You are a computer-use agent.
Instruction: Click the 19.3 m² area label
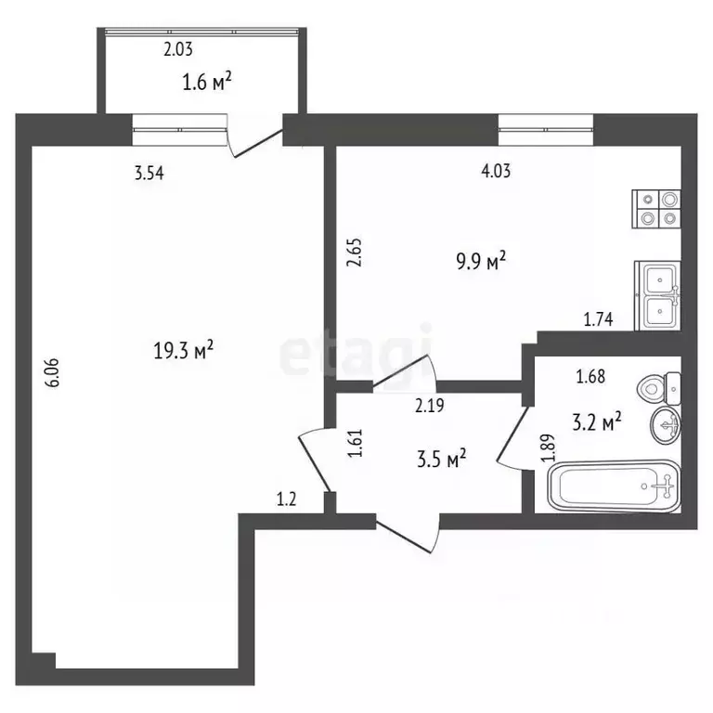(x=183, y=350)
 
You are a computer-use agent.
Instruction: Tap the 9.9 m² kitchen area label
(x=481, y=261)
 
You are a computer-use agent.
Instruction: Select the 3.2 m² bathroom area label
(x=597, y=422)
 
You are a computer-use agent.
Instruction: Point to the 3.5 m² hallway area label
(x=442, y=459)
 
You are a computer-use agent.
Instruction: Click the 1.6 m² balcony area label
(x=207, y=83)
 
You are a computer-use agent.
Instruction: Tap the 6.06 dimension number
(x=52, y=373)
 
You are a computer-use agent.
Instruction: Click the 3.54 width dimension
(x=149, y=174)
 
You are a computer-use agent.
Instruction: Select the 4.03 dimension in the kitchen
(x=496, y=171)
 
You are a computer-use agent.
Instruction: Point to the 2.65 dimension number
(x=355, y=253)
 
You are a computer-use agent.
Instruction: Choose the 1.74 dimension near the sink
(x=598, y=319)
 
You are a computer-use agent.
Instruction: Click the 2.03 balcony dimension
(x=178, y=49)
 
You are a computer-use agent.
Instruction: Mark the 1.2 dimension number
(x=287, y=499)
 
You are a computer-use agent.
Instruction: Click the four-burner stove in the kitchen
(x=656, y=209)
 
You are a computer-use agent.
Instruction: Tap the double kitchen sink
(x=657, y=295)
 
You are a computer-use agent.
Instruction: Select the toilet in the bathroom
(x=659, y=389)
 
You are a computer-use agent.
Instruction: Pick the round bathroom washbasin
(x=666, y=424)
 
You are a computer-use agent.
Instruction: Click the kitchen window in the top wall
(x=546, y=129)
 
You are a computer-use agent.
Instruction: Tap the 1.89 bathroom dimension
(x=548, y=447)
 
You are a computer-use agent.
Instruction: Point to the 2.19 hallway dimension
(x=430, y=405)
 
